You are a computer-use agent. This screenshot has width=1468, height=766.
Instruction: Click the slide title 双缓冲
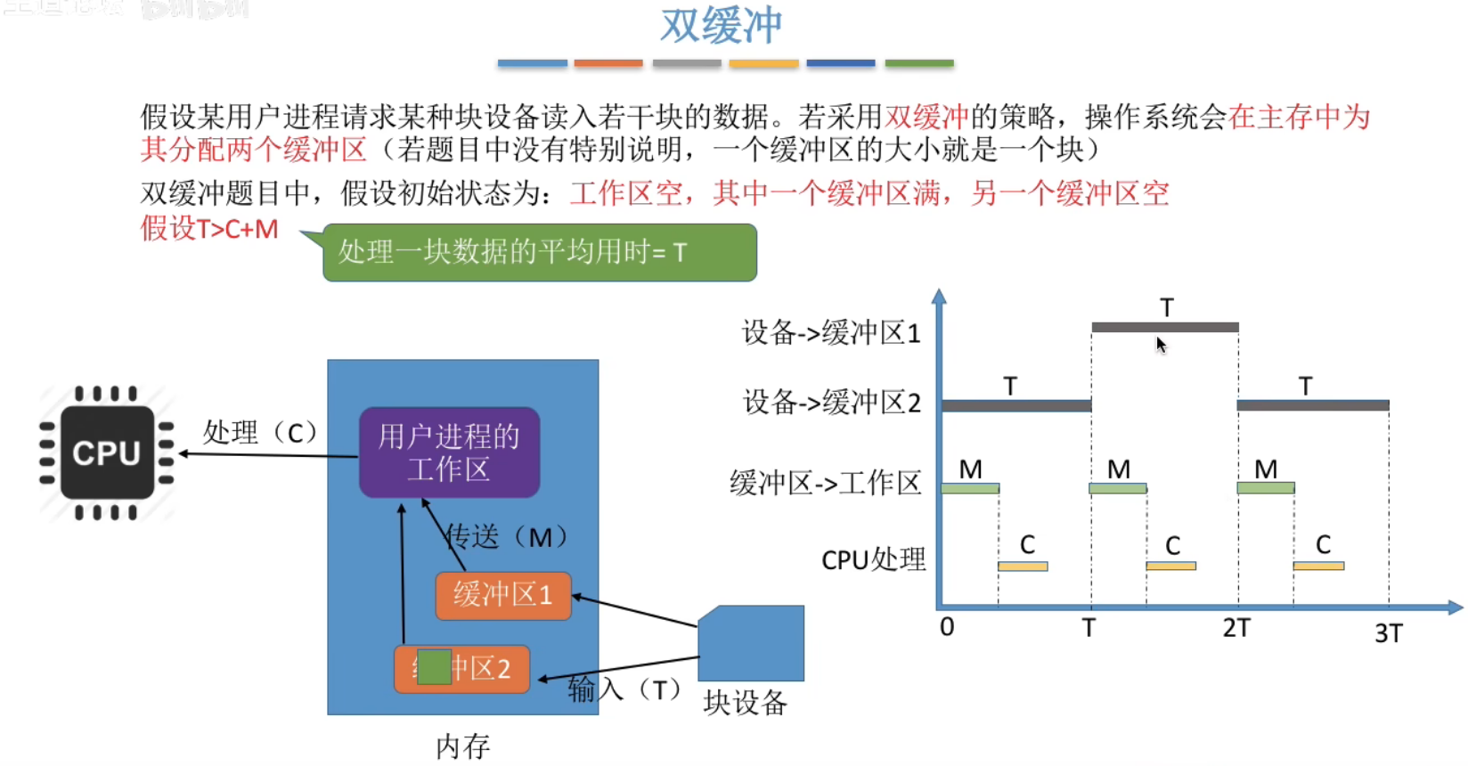click(x=721, y=25)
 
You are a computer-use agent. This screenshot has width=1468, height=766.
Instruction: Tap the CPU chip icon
click(x=107, y=452)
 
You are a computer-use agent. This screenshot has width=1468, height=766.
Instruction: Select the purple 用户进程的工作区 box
click(x=449, y=452)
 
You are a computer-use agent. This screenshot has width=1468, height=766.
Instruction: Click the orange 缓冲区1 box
click(x=502, y=595)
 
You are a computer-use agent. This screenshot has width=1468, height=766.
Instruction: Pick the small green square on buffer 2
click(x=434, y=667)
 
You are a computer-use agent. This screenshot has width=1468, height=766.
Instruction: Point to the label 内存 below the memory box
click(x=462, y=746)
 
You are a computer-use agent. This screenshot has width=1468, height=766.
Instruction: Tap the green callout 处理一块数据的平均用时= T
click(x=539, y=253)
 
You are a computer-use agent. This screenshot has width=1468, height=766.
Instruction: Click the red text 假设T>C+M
click(x=209, y=229)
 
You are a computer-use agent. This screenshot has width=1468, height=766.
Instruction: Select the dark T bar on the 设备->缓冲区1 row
click(x=1164, y=327)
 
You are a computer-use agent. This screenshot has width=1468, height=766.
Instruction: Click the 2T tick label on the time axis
click(x=1236, y=628)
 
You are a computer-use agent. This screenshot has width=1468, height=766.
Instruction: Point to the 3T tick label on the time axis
click(x=1388, y=633)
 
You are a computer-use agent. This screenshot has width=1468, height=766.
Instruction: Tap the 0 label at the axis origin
click(x=947, y=627)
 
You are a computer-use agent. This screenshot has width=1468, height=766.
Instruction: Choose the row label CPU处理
click(x=873, y=559)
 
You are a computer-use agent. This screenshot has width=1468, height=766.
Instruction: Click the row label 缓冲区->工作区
click(x=825, y=483)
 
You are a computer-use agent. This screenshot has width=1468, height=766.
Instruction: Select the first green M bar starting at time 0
click(x=970, y=488)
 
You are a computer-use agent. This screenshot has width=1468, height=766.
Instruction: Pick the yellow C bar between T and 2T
click(x=1170, y=566)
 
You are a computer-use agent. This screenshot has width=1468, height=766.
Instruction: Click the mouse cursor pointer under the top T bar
click(x=1161, y=344)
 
